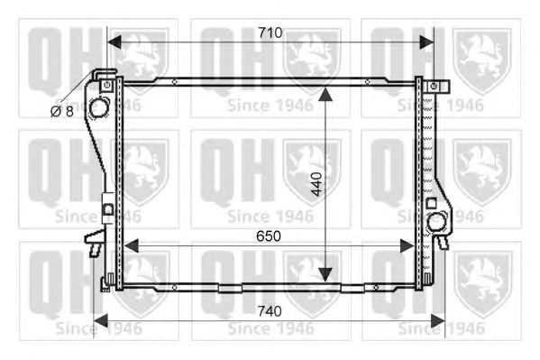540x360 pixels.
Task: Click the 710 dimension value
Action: coord(270,32)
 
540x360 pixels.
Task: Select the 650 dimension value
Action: coord(269,236)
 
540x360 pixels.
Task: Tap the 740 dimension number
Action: coord(270,311)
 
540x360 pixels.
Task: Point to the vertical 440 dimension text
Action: coord(316,184)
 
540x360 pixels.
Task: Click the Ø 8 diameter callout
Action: coord(62,111)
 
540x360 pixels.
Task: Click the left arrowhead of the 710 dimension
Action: coord(114,42)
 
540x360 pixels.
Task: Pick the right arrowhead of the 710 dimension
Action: coord(427,42)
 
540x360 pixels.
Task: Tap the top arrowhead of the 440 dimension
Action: coord(325,95)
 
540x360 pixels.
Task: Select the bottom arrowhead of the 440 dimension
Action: coord(325,275)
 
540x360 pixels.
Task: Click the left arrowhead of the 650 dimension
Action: coord(131,245)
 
